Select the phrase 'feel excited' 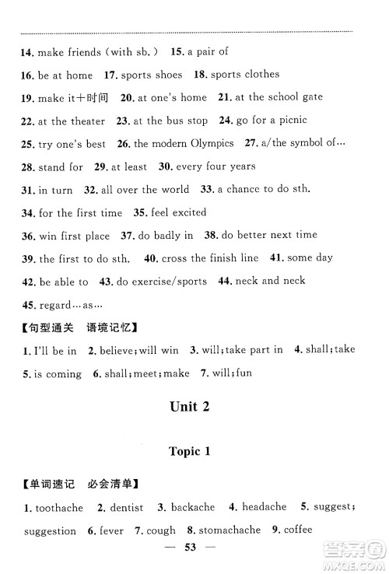pyautogui.click(x=180, y=212)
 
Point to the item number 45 pyautogui.click(x=28, y=304)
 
